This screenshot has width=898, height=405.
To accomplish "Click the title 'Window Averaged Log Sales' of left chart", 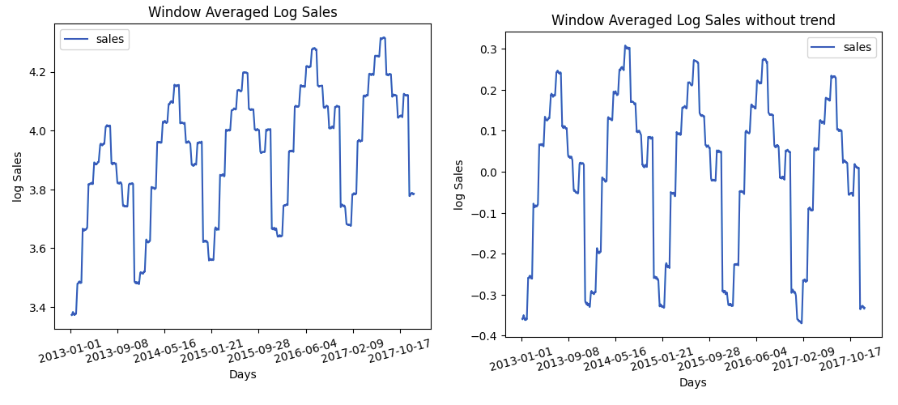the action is click(242, 12).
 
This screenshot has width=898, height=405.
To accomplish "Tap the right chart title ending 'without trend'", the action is click(693, 20).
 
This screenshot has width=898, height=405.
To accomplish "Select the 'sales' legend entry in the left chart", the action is click(95, 39).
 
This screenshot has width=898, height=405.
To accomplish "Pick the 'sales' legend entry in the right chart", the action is click(842, 47).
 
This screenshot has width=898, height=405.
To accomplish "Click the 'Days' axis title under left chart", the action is click(242, 375).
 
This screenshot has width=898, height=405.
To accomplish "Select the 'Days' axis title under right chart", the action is click(693, 382).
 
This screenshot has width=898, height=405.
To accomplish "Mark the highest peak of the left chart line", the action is click(382, 37).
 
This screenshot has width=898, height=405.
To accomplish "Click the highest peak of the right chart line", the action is click(626, 46).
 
